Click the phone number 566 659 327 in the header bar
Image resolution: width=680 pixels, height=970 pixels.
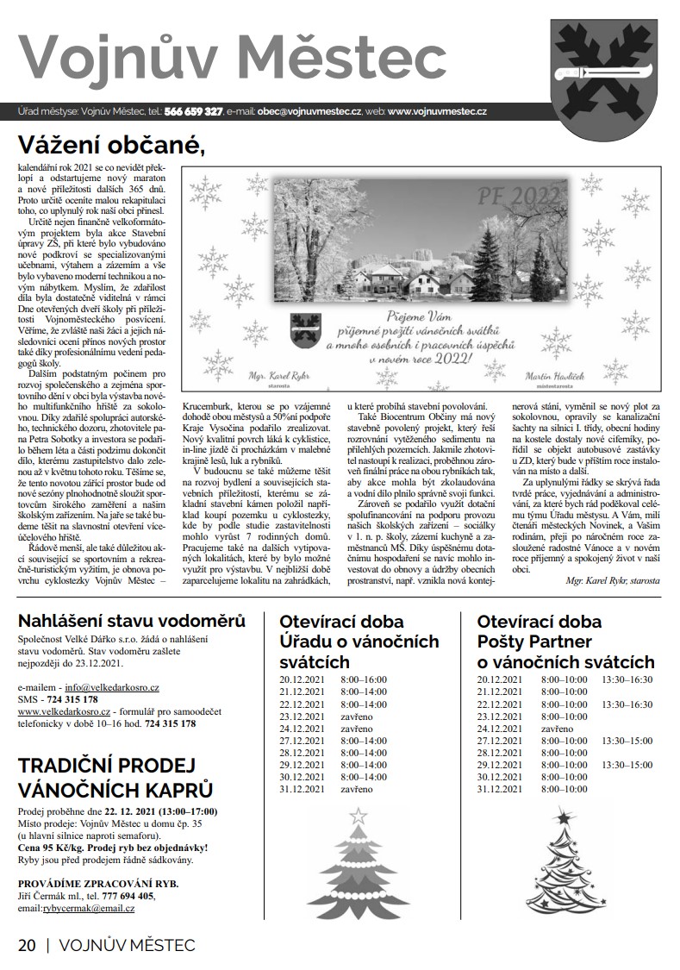coord(194,112)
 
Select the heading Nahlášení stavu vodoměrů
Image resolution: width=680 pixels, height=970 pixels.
coord(132,621)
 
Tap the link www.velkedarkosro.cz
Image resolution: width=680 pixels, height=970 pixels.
coord(64,712)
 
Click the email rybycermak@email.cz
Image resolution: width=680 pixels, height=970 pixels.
coord(95,908)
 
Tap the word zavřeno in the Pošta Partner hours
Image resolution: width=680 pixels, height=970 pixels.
coord(558,729)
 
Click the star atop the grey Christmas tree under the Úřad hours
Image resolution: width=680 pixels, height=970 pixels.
coord(357,815)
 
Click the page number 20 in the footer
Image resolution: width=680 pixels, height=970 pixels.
coord(27,945)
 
